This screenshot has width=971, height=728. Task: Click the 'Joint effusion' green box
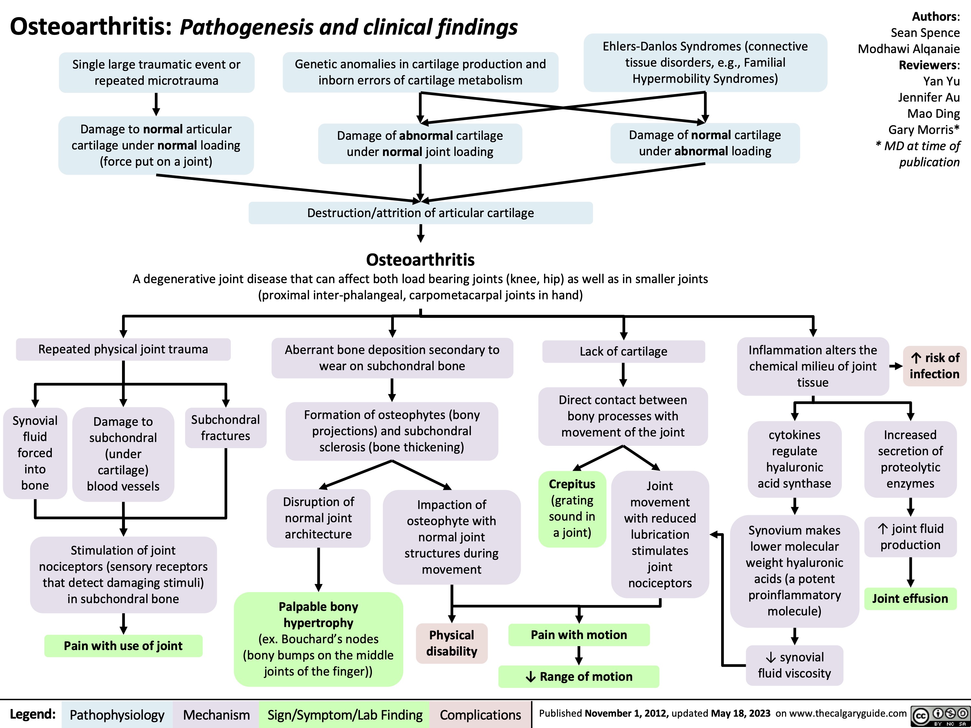pyautogui.click(x=910, y=599)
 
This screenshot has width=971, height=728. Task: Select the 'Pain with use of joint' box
pyautogui.click(x=123, y=645)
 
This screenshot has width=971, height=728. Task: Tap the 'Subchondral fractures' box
pyautogui.click(x=226, y=428)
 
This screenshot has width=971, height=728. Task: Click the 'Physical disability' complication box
pyautogui.click(x=452, y=643)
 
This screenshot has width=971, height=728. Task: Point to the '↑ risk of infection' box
pyautogui.click(x=934, y=366)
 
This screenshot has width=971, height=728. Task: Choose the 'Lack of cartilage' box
pyautogui.click(x=623, y=351)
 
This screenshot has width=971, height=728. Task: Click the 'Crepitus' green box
pyautogui.click(x=572, y=508)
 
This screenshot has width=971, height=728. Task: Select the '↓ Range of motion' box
pyautogui.click(x=579, y=676)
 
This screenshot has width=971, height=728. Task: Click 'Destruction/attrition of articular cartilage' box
pyautogui.click(x=420, y=213)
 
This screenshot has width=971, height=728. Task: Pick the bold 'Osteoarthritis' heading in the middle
pyautogui.click(x=420, y=260)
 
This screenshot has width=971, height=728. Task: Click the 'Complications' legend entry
pyautogui.click(x=480, y=715)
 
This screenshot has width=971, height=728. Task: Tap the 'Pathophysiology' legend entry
pyautogui.click(x=117, y=715)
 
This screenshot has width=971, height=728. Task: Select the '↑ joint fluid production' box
pyautogui.click(x=910, y=537)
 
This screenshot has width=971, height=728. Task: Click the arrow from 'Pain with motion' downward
pyautogui.click(x=579, y=656)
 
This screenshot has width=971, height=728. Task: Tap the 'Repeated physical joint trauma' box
pyautogui.click(x=123, y=349)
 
